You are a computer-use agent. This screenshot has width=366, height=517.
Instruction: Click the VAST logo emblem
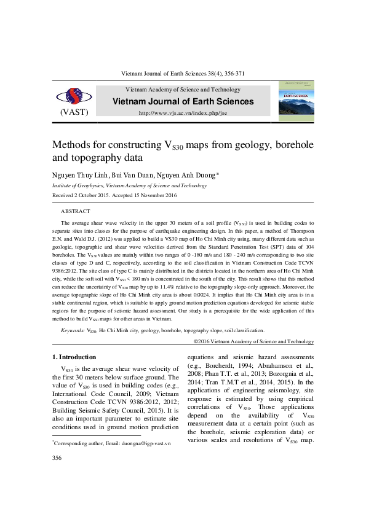73,96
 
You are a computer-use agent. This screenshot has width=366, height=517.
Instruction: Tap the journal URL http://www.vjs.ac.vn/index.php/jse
183,113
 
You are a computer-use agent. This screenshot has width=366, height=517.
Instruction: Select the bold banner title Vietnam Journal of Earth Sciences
183,101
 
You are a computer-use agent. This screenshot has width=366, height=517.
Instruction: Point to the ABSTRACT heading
76,211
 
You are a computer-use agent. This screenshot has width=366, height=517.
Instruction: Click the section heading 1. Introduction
74,357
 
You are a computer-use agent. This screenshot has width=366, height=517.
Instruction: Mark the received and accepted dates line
114,195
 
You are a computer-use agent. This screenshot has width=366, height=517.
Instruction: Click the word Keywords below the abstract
73,330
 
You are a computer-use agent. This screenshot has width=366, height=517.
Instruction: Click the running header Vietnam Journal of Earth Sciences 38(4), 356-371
183,74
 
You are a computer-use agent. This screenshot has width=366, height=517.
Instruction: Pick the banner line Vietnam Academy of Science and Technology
183,90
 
